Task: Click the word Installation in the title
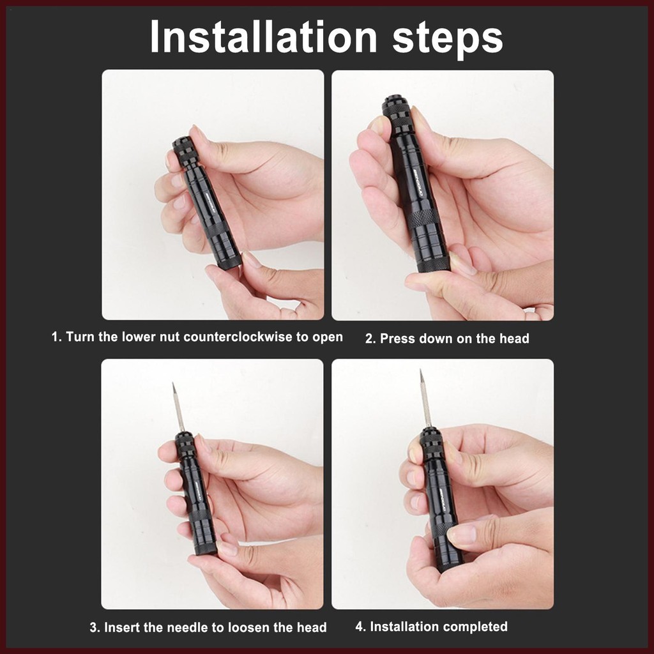tap(263, 37)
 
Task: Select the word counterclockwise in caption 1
tap(238, 337)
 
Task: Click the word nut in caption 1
tap(169, 337)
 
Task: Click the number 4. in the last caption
tap(360, 627)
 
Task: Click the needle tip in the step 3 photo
tap(173, 384)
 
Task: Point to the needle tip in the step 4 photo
tap(421, 371)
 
